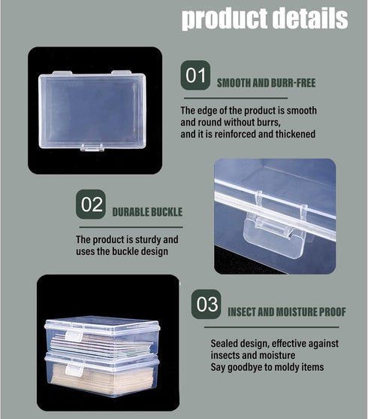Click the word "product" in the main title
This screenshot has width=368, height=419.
pos(225,19)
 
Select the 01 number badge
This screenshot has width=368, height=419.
pos(195,75)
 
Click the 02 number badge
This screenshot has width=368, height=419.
pos(91,204)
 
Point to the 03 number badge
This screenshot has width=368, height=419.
pos(206,304)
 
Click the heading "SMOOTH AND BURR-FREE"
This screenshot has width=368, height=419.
pos(266,83)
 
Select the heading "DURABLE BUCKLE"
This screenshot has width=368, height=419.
pos(147,212)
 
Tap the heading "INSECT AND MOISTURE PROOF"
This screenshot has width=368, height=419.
pos(287,312)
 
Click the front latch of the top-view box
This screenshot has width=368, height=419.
pos(92,147)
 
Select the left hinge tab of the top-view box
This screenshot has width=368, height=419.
pos(62,73)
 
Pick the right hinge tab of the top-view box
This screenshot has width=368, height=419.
pos(121,72)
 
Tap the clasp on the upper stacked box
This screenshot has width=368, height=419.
pos(74,336)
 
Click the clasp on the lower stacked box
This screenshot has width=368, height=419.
pos(74,369)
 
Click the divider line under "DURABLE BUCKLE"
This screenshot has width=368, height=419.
pos(131,227)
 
